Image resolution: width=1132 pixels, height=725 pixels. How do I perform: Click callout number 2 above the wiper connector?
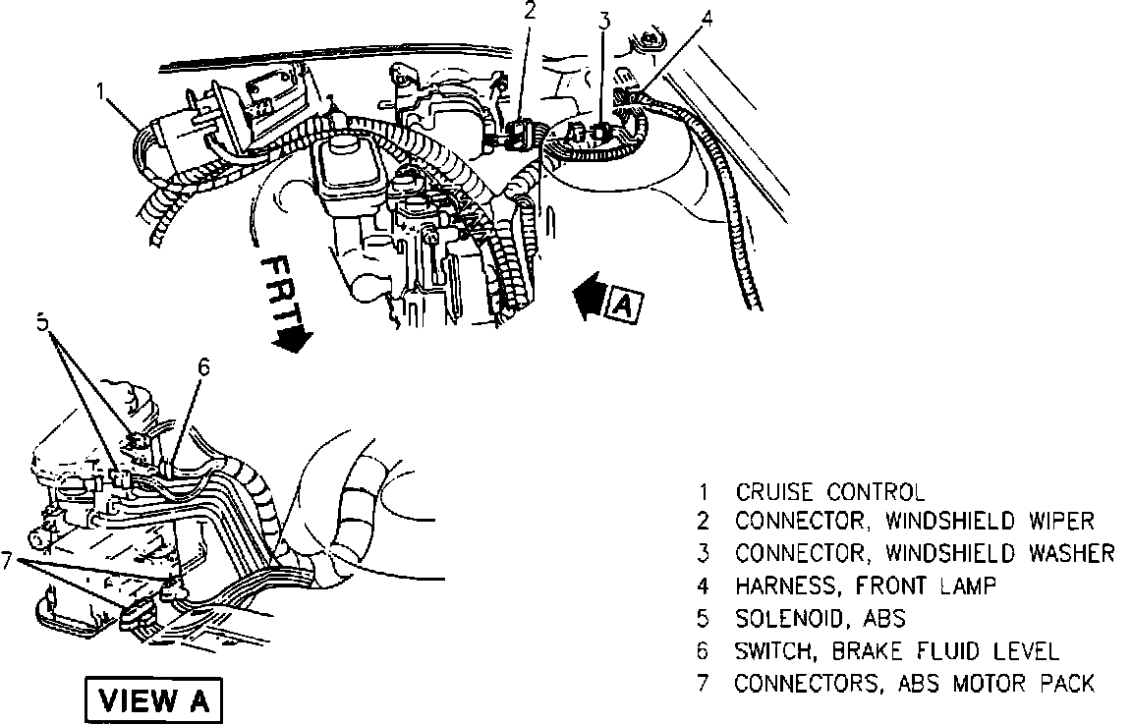[531, 13]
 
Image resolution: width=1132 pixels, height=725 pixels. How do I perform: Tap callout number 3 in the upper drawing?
[605, 20]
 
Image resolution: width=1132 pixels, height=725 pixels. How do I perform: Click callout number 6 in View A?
[203, 366]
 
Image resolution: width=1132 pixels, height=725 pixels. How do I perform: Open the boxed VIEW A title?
[155, 701]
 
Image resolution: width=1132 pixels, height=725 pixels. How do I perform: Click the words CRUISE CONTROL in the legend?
[830, 492]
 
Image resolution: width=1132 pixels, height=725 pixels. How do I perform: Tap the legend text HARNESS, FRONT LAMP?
[866, 586]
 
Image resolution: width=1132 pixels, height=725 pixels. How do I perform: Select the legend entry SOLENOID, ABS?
[821, 619]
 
